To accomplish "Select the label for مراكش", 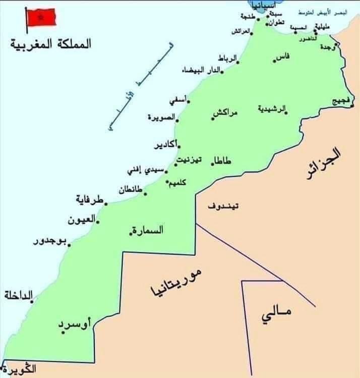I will click(226, 113).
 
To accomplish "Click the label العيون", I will click(82, 220).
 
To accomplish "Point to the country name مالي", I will click(276, 315).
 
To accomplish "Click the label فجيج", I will click(341, 101).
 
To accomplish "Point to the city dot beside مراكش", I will click(213, 119).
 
